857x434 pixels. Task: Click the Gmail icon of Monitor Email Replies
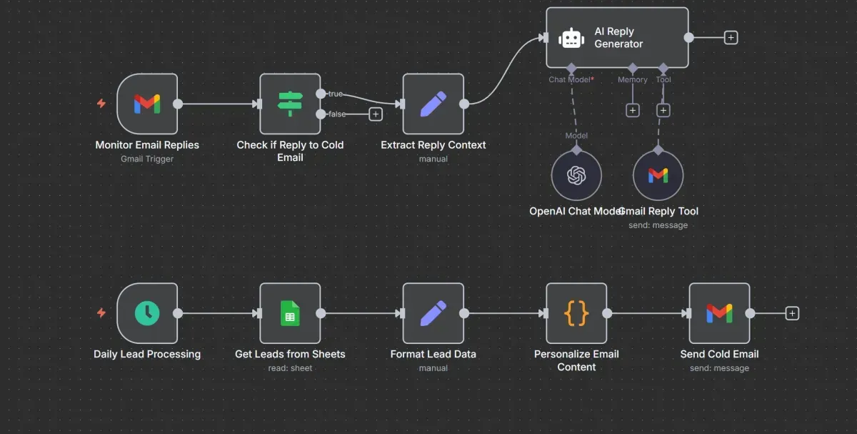[147, 104]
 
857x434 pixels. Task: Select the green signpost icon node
[290, 104]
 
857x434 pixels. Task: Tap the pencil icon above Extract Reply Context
[433, 104]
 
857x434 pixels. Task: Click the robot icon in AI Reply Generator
[571, 38]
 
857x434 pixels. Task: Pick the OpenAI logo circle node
[576, 175]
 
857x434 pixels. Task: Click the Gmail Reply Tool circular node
[658, 175]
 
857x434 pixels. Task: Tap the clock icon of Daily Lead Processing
[147, 313]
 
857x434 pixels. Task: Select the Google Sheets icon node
[290, 313]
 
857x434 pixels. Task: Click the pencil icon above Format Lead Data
[433, 313]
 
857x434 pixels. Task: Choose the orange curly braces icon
[576, 313]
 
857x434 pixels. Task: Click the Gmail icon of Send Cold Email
[719, 313]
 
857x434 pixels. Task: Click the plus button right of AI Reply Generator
[731, 38]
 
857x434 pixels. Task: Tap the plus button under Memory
[632, 110]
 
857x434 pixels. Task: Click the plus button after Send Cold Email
[792, 313]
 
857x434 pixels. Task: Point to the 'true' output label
[335, 94]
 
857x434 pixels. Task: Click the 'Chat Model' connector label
[570, 79]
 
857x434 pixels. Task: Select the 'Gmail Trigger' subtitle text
[147, 159]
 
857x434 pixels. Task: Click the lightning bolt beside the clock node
[101, 313]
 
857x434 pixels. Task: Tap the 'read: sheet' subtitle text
[290, 368]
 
